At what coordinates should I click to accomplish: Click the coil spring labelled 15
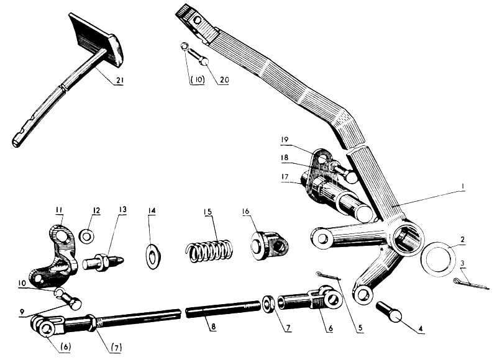(210, 251)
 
